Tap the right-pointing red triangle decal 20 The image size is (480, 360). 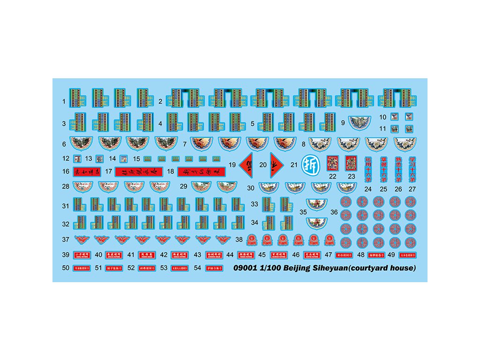tap(277, 164)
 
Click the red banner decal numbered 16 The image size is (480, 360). tap(87, 172)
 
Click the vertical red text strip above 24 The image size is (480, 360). tap(368, 169)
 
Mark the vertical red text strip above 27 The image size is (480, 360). tap(412, 169)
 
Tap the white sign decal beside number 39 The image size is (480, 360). tap(81, 255)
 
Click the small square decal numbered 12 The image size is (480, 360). tap(77, 158)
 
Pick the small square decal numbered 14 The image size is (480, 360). tap(124, 158)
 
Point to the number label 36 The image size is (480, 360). tap(334, 212)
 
